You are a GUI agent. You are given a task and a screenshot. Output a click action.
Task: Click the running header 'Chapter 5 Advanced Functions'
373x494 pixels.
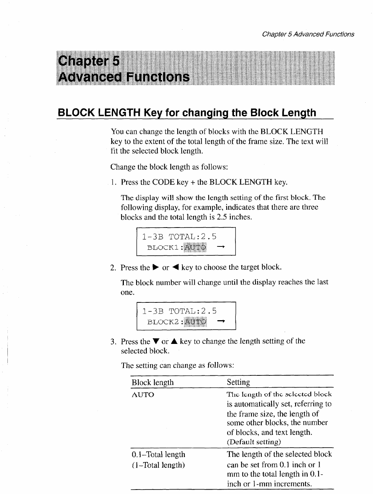click(x=308, y=34)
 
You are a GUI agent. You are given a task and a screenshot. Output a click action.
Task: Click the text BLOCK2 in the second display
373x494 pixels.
click(x=164, y=322)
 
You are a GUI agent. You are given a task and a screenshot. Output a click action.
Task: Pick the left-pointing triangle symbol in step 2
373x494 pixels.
click(x=175, y=267)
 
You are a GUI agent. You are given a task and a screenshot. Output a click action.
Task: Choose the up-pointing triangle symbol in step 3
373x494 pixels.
click(x=175, y=341)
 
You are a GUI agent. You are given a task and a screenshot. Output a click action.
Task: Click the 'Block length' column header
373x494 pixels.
click(x=152, y=382)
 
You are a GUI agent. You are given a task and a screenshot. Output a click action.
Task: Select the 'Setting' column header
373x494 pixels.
click(x=238, y=382)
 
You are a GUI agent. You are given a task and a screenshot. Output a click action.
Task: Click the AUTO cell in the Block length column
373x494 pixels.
click(x=143, y=395)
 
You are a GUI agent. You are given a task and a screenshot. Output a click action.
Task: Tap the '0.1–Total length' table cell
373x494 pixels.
click(x=158, y=454)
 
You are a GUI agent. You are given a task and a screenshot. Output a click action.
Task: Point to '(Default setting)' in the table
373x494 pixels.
click(x=254, y=442)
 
